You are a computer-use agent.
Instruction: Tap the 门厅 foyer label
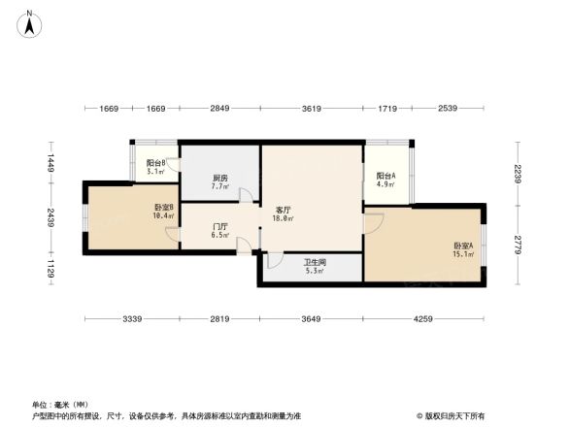tap(219, 230)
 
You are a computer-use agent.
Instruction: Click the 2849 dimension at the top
tap(220, 109)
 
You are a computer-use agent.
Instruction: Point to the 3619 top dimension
tap(311, 109)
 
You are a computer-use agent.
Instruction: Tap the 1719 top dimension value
tap(387, 109)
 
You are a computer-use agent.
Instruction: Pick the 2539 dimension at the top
tap(448, 109)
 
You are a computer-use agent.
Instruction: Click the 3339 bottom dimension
tap(132, 319)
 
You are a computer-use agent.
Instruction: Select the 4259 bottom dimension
tap(422, 319)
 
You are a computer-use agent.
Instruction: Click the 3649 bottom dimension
tap(311, 319)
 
